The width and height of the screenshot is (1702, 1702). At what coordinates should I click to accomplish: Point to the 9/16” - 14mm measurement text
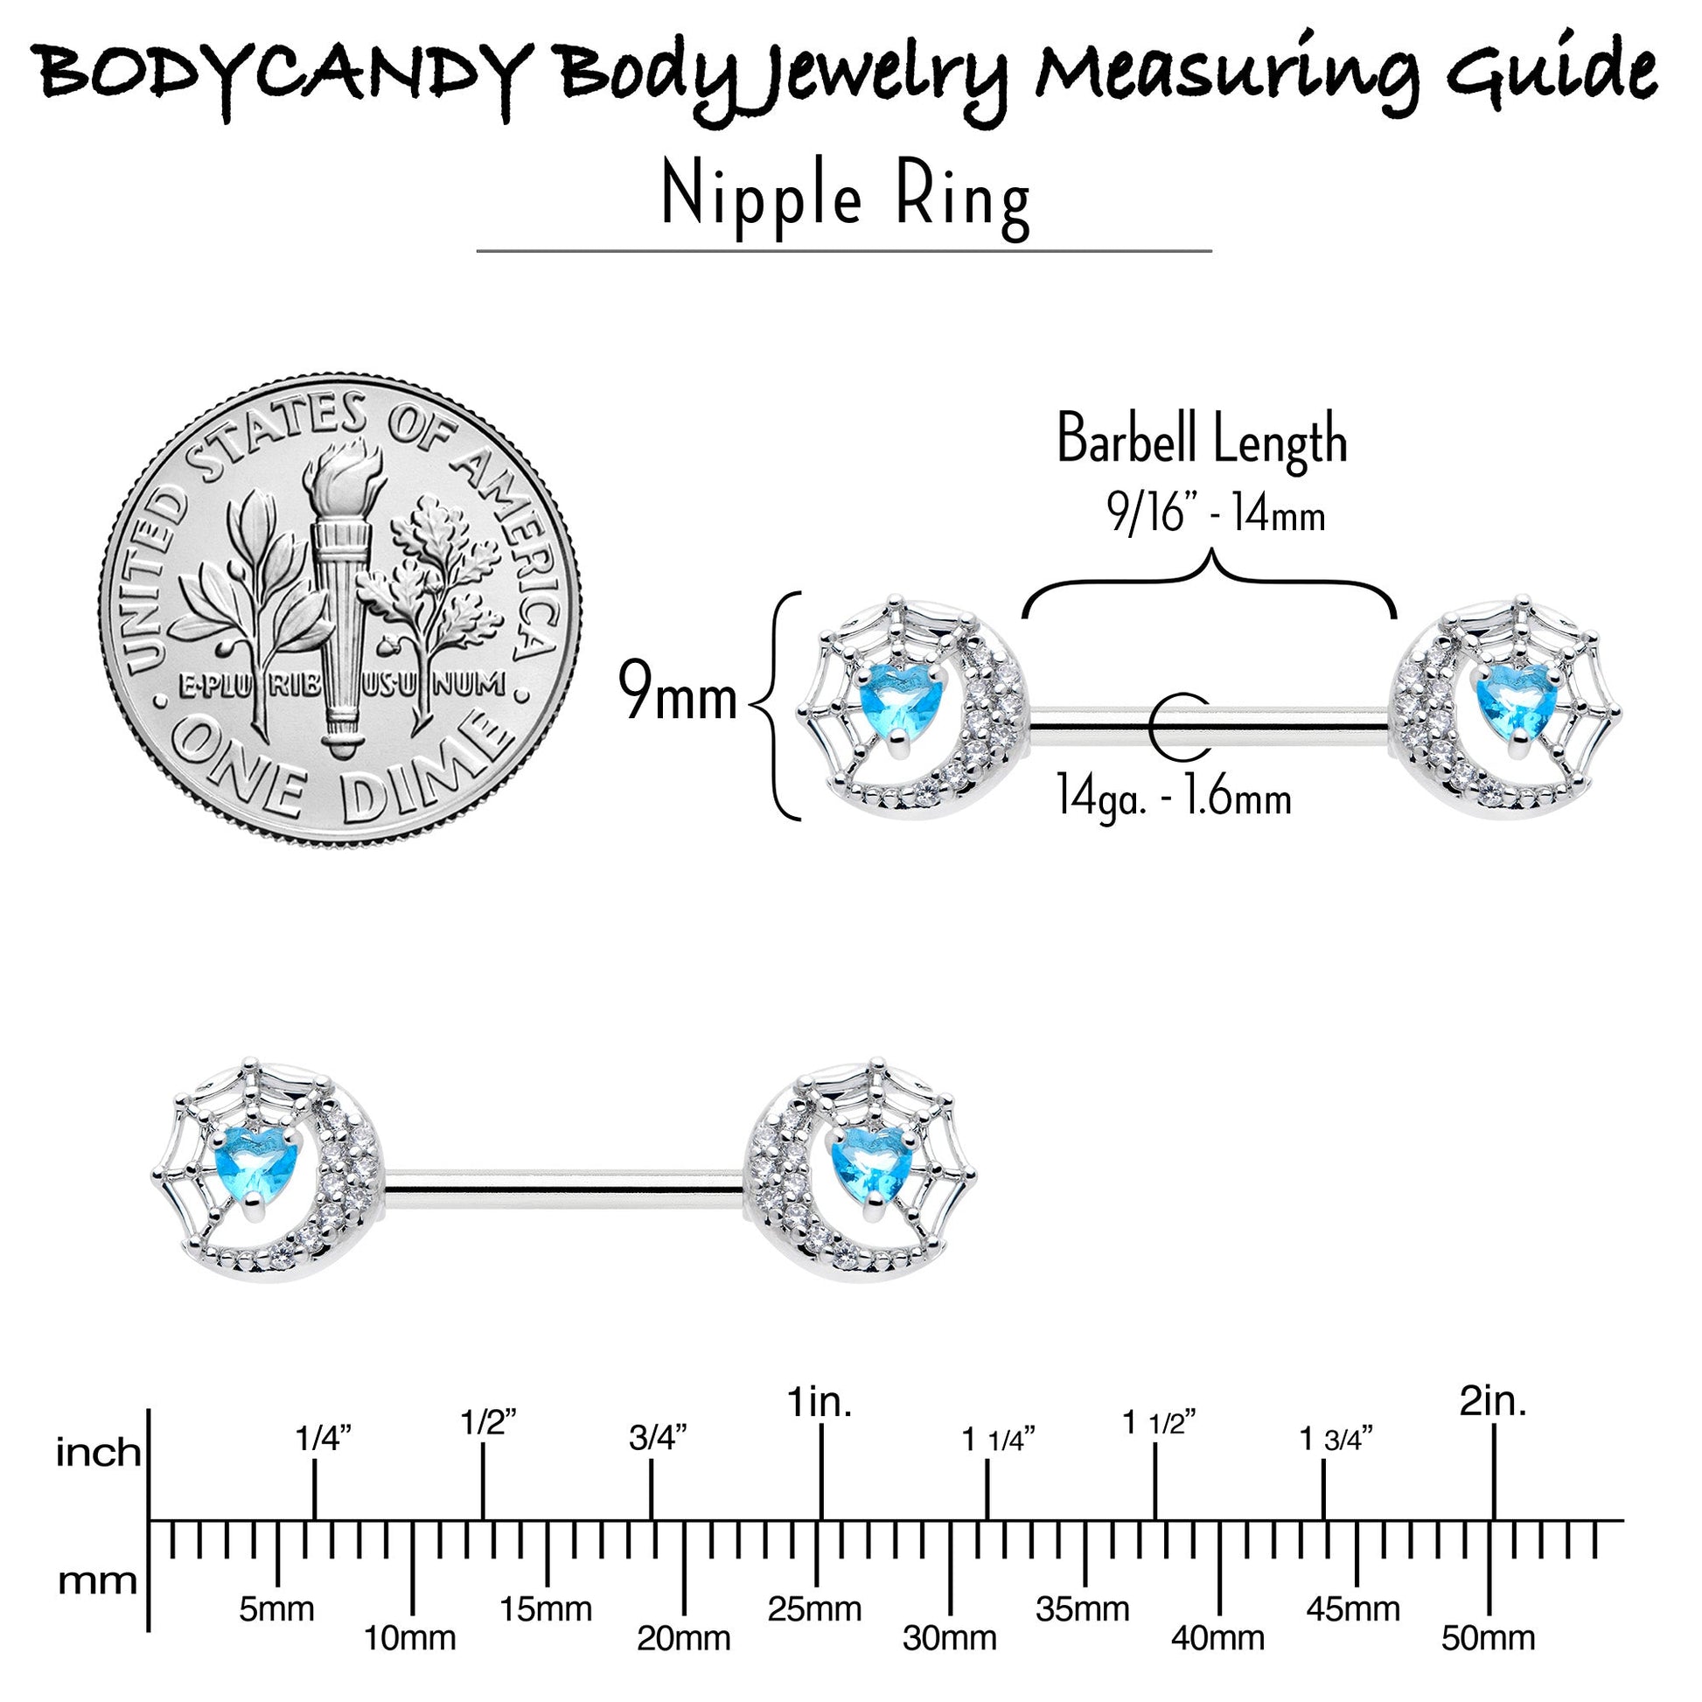tap(1217, 513)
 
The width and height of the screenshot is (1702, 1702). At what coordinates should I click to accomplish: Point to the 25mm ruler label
tap(814, 1609)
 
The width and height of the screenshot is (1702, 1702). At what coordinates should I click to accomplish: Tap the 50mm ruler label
tap(1488, 1638)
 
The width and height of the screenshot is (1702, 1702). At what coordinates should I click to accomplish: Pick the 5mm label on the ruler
tap(276, 1609)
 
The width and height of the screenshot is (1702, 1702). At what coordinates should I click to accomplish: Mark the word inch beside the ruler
tap(98, 1453)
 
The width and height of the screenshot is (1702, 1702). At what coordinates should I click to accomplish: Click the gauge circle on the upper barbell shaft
tap(1179, 725)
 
